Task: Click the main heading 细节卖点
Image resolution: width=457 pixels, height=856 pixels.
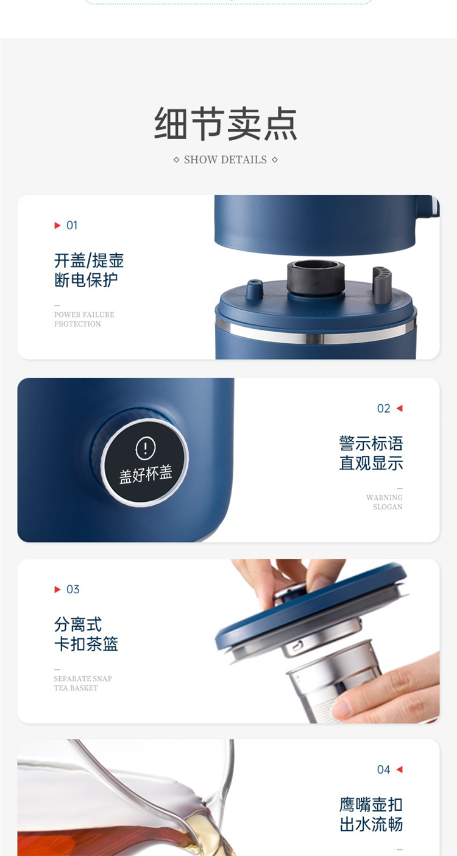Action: [225, 124]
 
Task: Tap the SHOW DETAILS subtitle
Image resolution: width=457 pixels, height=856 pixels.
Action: [225, 160]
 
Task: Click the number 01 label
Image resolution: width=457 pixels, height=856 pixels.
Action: [72, 226]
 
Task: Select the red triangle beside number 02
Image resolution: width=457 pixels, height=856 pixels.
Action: [399, 408]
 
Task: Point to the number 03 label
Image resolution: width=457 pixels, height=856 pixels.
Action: [73, 590]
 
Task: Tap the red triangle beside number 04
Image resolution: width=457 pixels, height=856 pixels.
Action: [399, 769]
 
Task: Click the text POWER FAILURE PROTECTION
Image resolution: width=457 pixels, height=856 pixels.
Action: [84, 319]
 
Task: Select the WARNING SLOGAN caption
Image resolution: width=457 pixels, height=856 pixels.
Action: [384, 502]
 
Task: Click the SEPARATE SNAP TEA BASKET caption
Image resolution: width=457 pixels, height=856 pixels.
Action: [83, 683]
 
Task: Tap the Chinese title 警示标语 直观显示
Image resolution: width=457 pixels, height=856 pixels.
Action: [371, 453]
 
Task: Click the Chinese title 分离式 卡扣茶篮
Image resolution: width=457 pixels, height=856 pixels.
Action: [86, 634]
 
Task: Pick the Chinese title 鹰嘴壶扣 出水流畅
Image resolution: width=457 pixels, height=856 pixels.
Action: [371, 815]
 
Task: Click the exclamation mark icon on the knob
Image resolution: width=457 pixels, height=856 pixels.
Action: [146, 448]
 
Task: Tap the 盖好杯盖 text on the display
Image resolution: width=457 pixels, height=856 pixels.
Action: [146, 475]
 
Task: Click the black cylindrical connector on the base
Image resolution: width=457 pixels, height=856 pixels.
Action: [316, 278]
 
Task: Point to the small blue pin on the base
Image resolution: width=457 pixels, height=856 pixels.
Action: [254, 289]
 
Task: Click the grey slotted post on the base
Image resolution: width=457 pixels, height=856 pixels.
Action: [382, 285]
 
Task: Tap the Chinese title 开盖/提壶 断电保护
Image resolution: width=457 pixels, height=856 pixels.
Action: [88, 270]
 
